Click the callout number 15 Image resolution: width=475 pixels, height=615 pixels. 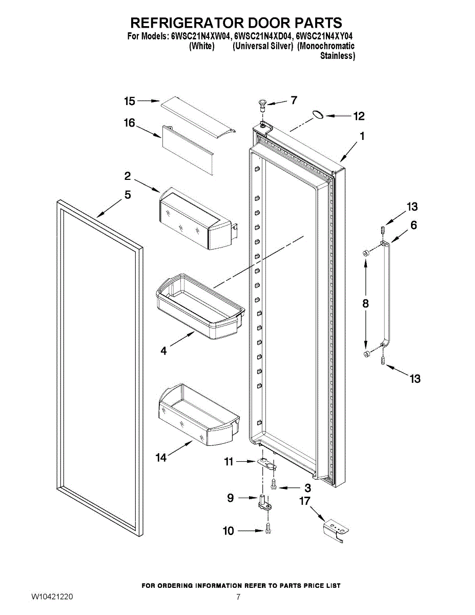[130, 101]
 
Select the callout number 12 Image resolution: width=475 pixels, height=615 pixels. [359, 116]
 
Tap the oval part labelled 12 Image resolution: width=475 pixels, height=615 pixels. [318, 115]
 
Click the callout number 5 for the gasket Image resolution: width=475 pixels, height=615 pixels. [128, 195]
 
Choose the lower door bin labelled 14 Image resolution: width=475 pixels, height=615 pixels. [197, 414]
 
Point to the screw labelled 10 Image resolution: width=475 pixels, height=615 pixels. [268, 529]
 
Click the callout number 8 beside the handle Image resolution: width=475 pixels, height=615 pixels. [365, 303]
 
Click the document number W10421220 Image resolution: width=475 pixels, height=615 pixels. [52, 597]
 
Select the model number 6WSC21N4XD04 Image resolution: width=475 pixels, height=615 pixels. [263, 37]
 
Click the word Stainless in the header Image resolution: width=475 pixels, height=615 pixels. [337, 56]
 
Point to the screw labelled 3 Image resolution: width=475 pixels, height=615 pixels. [274, 484]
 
